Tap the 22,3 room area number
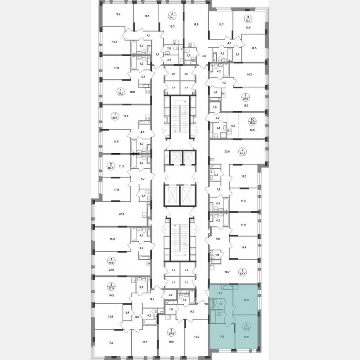[121, 215]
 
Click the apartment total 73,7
[249, 20]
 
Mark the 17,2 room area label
[110, 343]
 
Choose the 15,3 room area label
[112, 239]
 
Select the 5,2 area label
[233, 125]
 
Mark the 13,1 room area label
[145, 343]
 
